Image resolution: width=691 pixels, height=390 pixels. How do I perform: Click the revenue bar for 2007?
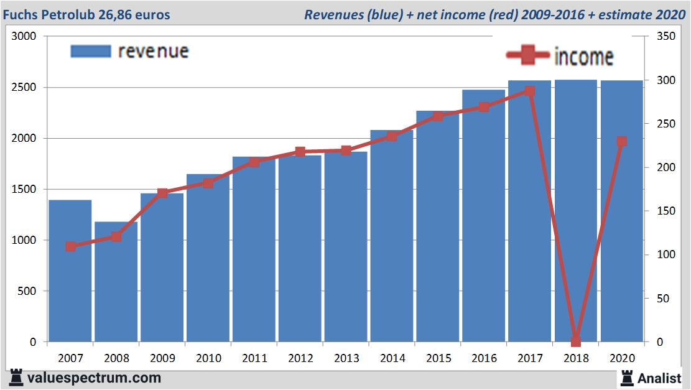[70, 271]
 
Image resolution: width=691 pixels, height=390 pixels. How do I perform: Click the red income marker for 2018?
[576, 341]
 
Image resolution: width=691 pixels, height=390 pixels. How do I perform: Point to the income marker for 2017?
[529, 91]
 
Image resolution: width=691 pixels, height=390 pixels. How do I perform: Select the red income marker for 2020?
[621, 141]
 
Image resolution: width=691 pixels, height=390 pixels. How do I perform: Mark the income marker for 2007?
[70, 246]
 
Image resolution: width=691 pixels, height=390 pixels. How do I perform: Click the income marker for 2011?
[254, 162]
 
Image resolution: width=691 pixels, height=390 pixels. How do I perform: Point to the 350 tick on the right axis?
[659, 37]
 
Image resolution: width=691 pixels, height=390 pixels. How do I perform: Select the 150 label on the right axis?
[659, 211]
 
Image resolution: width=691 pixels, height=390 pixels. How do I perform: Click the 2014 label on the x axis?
[392, 358]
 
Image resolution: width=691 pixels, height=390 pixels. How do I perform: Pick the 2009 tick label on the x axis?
[162, 358]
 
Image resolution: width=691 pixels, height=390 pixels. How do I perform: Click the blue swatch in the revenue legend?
[91, 51]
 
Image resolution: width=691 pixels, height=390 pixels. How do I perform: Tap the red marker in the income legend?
[528, 56]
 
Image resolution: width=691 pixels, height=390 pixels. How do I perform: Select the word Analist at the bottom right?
[659, 378]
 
